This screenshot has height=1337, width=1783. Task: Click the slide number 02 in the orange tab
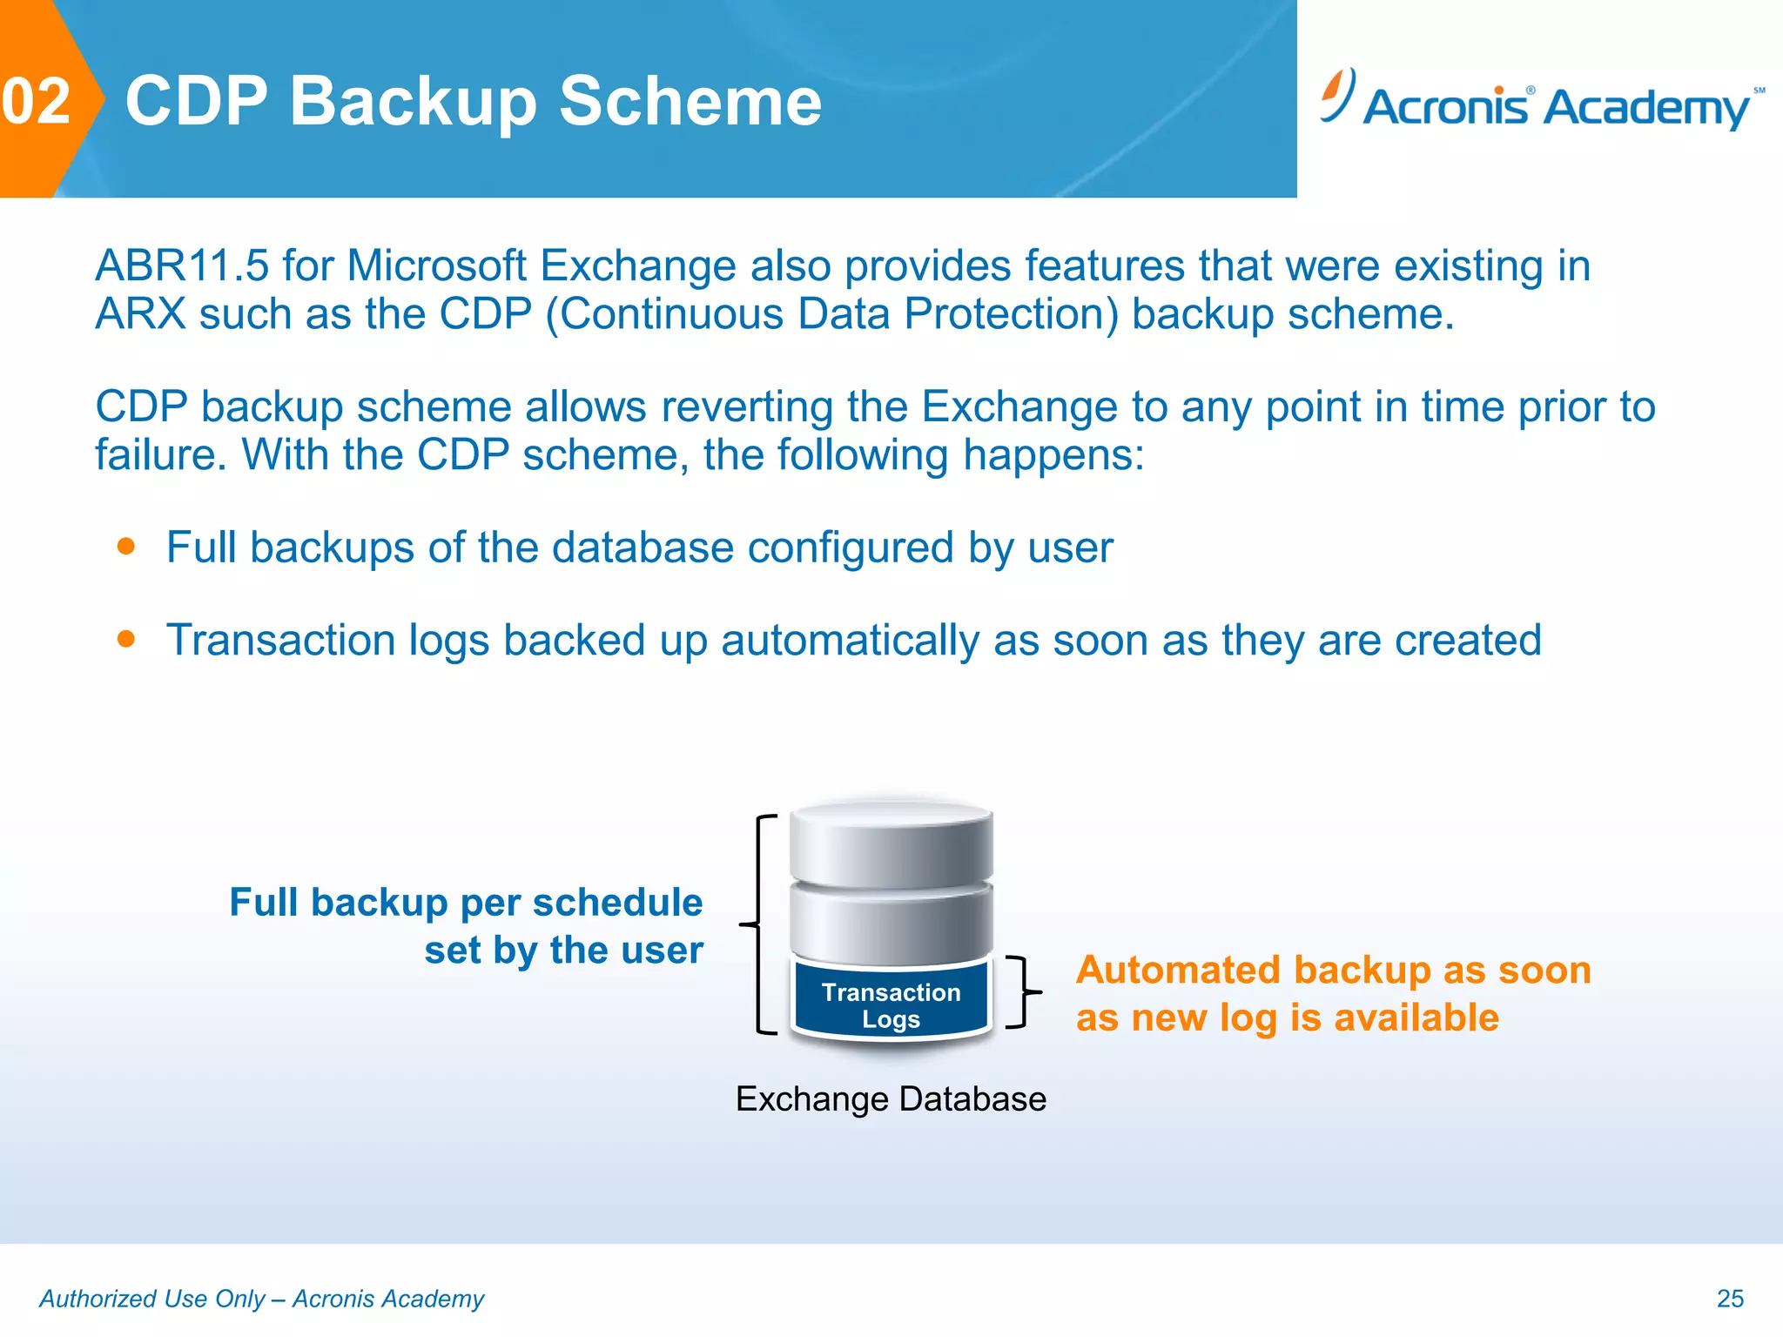click(36, 102)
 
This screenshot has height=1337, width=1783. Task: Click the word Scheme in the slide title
click(690, 102)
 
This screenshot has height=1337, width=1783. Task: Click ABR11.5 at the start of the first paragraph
click(182, 265)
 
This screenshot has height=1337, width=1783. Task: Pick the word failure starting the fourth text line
click(160, 455)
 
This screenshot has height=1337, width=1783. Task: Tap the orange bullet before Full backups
click(126, 547)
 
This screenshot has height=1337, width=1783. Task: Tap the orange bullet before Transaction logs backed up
click(126, 640)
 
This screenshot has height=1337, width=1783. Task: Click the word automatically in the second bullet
click(850, 641)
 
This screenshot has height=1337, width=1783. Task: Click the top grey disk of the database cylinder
click(891, 843)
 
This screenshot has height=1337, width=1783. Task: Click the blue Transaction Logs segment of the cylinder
click(891, 1003)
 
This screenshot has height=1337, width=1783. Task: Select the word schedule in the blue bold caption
click(617, 903)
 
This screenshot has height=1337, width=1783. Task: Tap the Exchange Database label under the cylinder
click(891, 1099)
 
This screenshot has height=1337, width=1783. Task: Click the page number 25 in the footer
click(1729, 1299)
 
